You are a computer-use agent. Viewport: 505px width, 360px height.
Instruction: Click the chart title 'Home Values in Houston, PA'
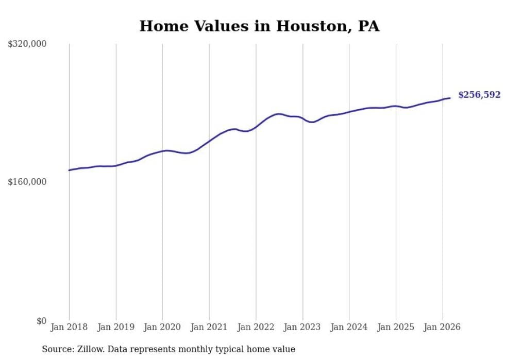pyautogui.click(x=259, y=26)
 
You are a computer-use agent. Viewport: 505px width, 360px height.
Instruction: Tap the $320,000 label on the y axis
pyautogui.click(x=27, y=44)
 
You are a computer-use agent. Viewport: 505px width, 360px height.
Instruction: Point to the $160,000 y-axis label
pyautogui.click(x=27, y=182)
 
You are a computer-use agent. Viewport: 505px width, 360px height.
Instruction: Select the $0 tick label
pyautogui.click(x=41, y=321)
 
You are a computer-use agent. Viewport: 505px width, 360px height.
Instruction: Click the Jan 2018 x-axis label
pyautogui.click(x=69, y=327)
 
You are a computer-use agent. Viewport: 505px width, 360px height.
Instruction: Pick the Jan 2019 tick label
pyautogui.click(x=116, y=327)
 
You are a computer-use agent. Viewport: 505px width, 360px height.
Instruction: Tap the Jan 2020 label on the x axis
pyautogui.click(x=162, y=327)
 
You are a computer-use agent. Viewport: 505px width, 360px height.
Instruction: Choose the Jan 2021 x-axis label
pyautogui.click(x=209, y=327)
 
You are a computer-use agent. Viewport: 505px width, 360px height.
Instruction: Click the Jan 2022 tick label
pyautogui.click(x=256, y=327)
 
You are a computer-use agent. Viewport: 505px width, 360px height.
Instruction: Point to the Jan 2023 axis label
pyautogui.click(x=302, y=327)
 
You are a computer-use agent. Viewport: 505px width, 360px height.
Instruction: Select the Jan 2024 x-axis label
pyautogui.click(x=349, y=327)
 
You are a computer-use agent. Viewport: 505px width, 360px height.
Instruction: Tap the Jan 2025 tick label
pyautogui.click(x=396, y=327)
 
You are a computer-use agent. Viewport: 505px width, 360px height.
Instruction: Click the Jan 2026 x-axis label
pyautogui.click(x=442, y=327)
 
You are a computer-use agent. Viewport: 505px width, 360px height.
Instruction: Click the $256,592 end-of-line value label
pyautogui.click(x=479, y=95)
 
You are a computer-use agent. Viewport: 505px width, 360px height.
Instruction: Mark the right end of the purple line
pyautogui.click(x=450, y=98)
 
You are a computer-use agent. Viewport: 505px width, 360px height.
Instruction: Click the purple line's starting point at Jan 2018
pyautogui.click(x=69, y=170)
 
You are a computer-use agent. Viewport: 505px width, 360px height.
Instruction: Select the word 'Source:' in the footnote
pyautogui.click(x=58, y=349)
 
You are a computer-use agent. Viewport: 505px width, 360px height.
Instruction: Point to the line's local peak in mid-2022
pyautogui.click(x=279, y=114)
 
